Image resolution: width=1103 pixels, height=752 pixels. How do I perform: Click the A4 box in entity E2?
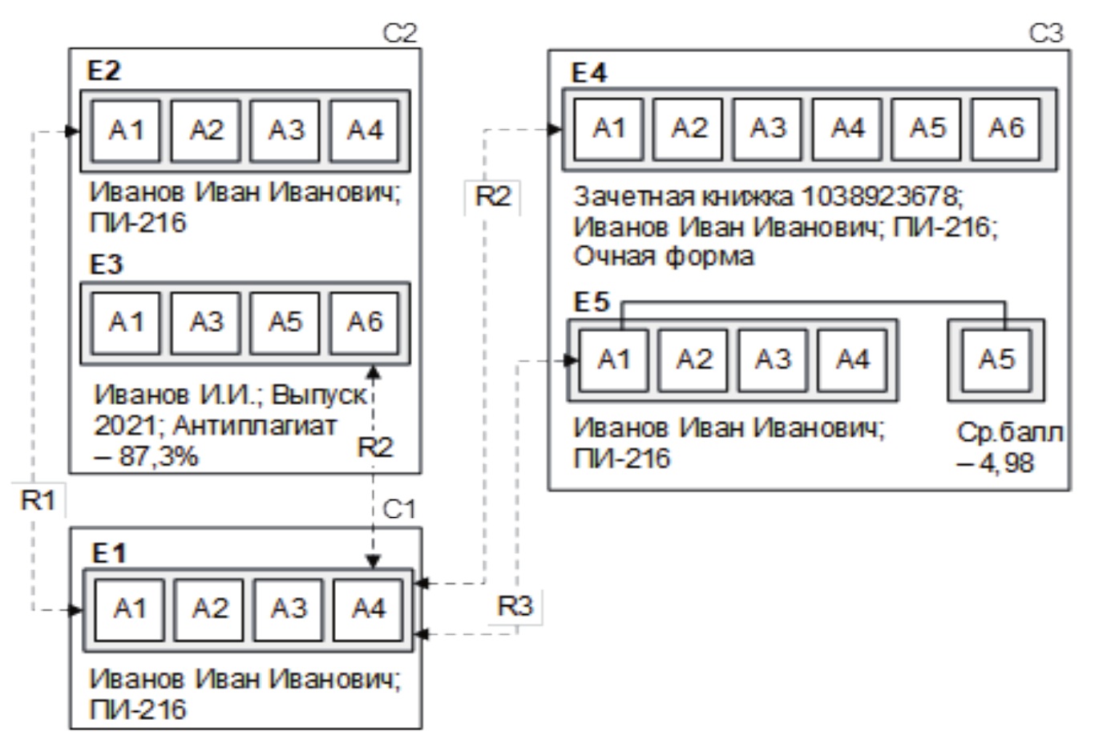[365, 130]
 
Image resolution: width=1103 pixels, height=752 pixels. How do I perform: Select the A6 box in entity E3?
[365, 322]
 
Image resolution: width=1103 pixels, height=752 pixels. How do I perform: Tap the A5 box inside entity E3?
[285, 322]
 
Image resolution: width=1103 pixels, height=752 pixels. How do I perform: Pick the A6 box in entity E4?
[1006, 128]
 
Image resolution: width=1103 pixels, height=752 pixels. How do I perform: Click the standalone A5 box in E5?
[996, 360]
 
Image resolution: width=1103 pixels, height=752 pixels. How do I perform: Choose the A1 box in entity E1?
[129, 609]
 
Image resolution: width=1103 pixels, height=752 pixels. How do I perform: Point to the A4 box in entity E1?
[369, 609]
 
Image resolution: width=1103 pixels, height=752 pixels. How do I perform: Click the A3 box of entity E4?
[768, 128]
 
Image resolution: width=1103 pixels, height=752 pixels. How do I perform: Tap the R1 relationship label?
[38, 501]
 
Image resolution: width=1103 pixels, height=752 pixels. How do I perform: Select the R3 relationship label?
[515, 606]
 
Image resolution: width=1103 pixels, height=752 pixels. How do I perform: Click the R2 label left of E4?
[492, 196]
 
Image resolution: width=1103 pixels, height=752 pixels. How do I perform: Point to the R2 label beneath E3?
[375, 447]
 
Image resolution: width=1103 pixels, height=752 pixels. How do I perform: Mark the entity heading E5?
[592, 302]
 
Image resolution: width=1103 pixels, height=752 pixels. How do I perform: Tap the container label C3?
[1045, 34]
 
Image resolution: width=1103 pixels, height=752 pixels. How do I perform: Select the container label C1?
[399, 510]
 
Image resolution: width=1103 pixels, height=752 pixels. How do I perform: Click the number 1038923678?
[877, 196]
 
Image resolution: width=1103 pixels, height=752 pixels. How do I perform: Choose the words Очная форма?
[664, 257]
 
